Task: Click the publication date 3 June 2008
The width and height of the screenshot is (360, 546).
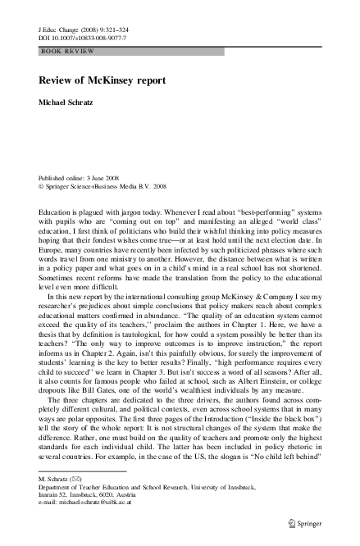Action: (x=107, y=175)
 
